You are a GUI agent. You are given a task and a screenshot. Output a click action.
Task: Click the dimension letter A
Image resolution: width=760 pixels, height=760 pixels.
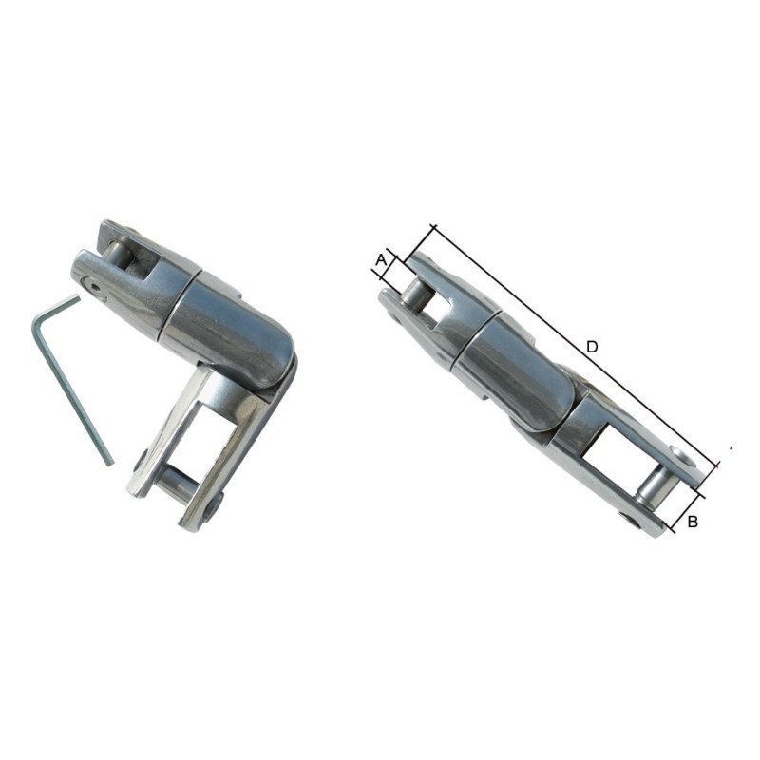point(381,258)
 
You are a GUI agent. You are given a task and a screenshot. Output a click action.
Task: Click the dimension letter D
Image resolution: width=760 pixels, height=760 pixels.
point(591,348)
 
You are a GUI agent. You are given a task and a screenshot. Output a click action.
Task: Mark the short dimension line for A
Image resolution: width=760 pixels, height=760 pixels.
point(391,267)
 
